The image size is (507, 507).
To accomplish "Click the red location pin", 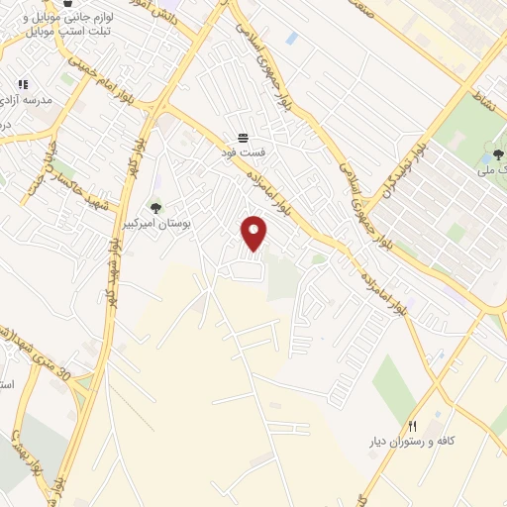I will click(x=255, y=233).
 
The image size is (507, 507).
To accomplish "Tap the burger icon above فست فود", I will click(x=243, y=138).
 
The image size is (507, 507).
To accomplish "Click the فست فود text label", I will click(x=243, y=154).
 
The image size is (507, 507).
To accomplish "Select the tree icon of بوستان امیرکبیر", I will click(x=154, y=207).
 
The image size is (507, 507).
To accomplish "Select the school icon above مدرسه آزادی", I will click(x=22, y=84).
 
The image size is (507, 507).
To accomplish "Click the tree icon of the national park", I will click(x=497, y=154).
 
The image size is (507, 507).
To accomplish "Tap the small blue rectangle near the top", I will click(x=291, y=39).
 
